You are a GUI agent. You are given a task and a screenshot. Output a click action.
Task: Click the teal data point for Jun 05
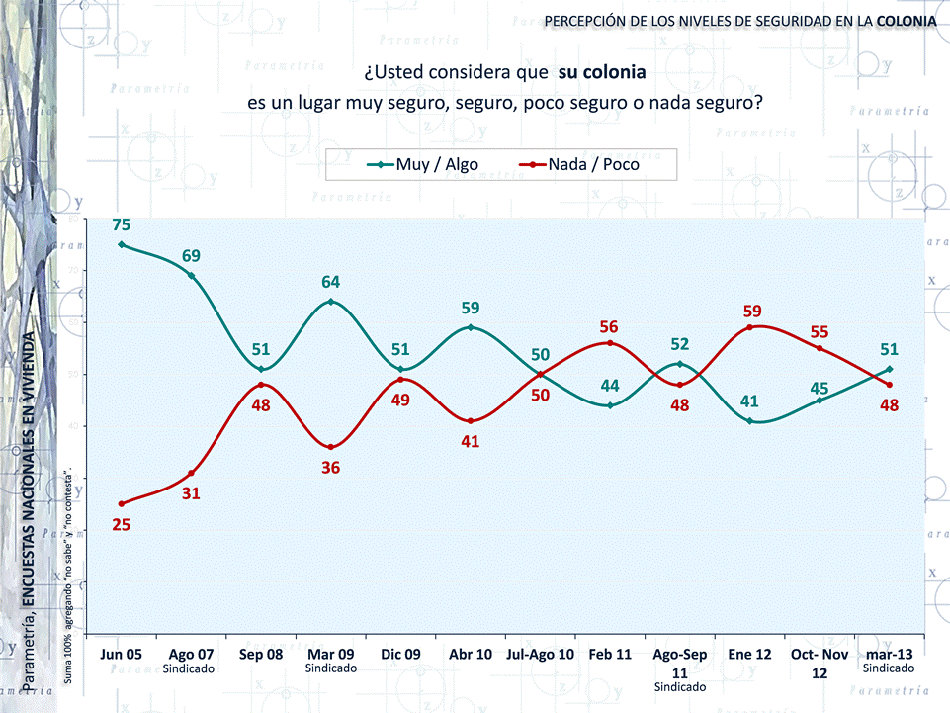tap(122, 244)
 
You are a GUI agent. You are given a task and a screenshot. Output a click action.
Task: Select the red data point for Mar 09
tap(330, 447)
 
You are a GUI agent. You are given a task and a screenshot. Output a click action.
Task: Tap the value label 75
tap(122, 224)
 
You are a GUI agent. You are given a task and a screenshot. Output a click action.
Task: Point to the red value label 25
tap(122, 524)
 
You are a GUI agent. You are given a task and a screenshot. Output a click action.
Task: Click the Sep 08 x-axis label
tap(261, 654)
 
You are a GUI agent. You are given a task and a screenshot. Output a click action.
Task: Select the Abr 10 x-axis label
tap(470, 654)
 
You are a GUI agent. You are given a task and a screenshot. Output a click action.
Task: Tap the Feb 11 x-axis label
tap(609, 654)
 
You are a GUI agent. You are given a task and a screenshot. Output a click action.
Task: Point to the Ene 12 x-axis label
tap(749, 654)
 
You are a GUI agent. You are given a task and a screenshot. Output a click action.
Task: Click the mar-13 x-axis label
tap(890, 654)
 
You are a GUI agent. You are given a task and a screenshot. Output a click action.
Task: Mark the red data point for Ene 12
tap(749, 327)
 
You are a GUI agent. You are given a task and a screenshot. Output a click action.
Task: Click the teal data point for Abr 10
tap(470, 327)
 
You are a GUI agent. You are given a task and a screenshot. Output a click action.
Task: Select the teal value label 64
tap(330, 282)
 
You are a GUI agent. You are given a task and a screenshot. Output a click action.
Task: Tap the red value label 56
tap(609, 326)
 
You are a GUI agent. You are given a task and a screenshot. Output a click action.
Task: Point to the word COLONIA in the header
tap(907, 20)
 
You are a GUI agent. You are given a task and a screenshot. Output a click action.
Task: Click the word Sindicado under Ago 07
tap(191, 668)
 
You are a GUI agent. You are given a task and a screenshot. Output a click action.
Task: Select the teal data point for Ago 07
tap(191, 275)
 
